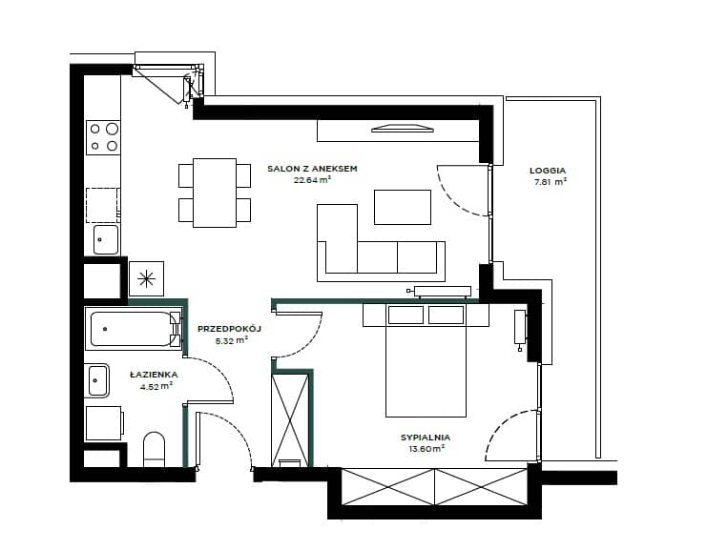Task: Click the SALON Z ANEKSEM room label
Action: click(312, 169)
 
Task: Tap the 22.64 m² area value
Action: click(312, 180)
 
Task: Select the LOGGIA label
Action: click(548, 171)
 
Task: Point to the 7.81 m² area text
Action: click(551, 182)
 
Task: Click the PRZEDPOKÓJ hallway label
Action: click(229, 329)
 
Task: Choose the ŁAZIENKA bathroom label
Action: click(154, 375)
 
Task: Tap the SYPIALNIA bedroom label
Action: click(426, 438)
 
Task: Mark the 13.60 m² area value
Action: click(426, 448)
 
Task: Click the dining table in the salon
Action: click(215, 193)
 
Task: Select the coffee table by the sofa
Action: click(403, 207)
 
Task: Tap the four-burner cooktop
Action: click(103, 137)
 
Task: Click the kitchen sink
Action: click(106, 239)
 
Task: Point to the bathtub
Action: click(134, 329)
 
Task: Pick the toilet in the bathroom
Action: click(155, 449)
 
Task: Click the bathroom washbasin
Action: click(97, 380)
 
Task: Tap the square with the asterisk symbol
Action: click(146, 278)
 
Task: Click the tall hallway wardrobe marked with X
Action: click(290, 420)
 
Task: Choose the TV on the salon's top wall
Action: click(403, 129)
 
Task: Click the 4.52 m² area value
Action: click(156, 385)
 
